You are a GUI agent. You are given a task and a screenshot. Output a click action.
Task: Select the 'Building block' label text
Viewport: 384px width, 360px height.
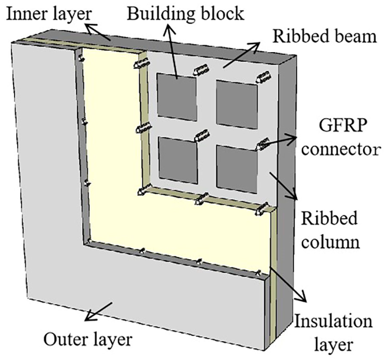186,14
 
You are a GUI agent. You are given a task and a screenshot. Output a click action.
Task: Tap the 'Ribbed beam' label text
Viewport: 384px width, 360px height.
324,36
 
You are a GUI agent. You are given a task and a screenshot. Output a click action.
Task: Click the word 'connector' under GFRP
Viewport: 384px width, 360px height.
340,149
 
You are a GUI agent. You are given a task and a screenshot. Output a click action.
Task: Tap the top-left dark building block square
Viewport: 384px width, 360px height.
176,97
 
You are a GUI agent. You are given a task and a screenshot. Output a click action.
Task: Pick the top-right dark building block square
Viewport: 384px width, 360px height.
237,104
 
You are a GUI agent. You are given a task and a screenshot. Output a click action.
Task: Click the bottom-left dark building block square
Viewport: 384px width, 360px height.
178,160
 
